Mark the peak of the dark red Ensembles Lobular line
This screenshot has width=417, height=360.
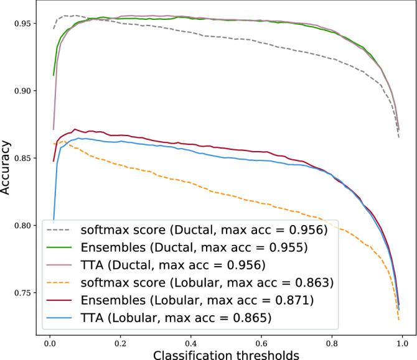point(75,129)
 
